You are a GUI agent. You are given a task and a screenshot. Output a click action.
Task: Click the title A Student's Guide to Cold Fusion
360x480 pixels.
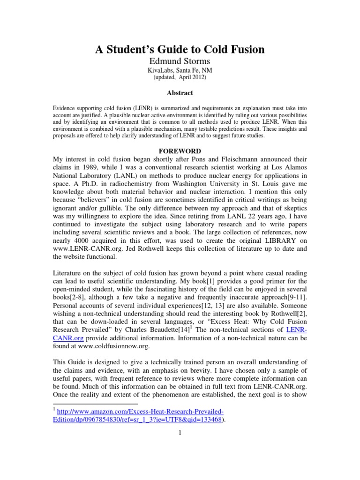click(180, 50)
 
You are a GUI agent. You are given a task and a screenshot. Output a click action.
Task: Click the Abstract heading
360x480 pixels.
click(180, 93)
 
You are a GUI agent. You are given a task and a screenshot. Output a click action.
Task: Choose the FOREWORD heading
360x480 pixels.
click(180, 151)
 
